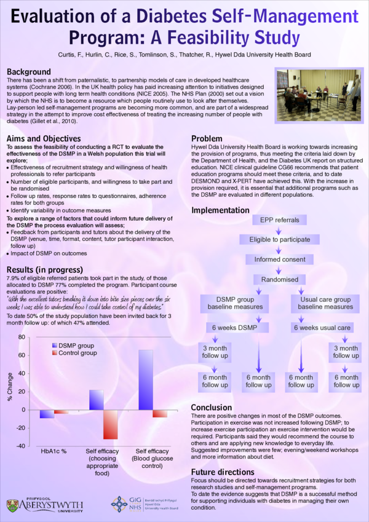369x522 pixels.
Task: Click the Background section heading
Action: click(29, 72)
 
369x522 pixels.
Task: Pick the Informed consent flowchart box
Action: click(279, 259)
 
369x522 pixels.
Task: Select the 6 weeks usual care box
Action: click(323, 328)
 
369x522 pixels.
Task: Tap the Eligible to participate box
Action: click(279, 240)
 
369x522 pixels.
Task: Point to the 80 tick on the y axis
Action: click(22, 338)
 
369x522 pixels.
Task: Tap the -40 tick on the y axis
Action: click(20, 446)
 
